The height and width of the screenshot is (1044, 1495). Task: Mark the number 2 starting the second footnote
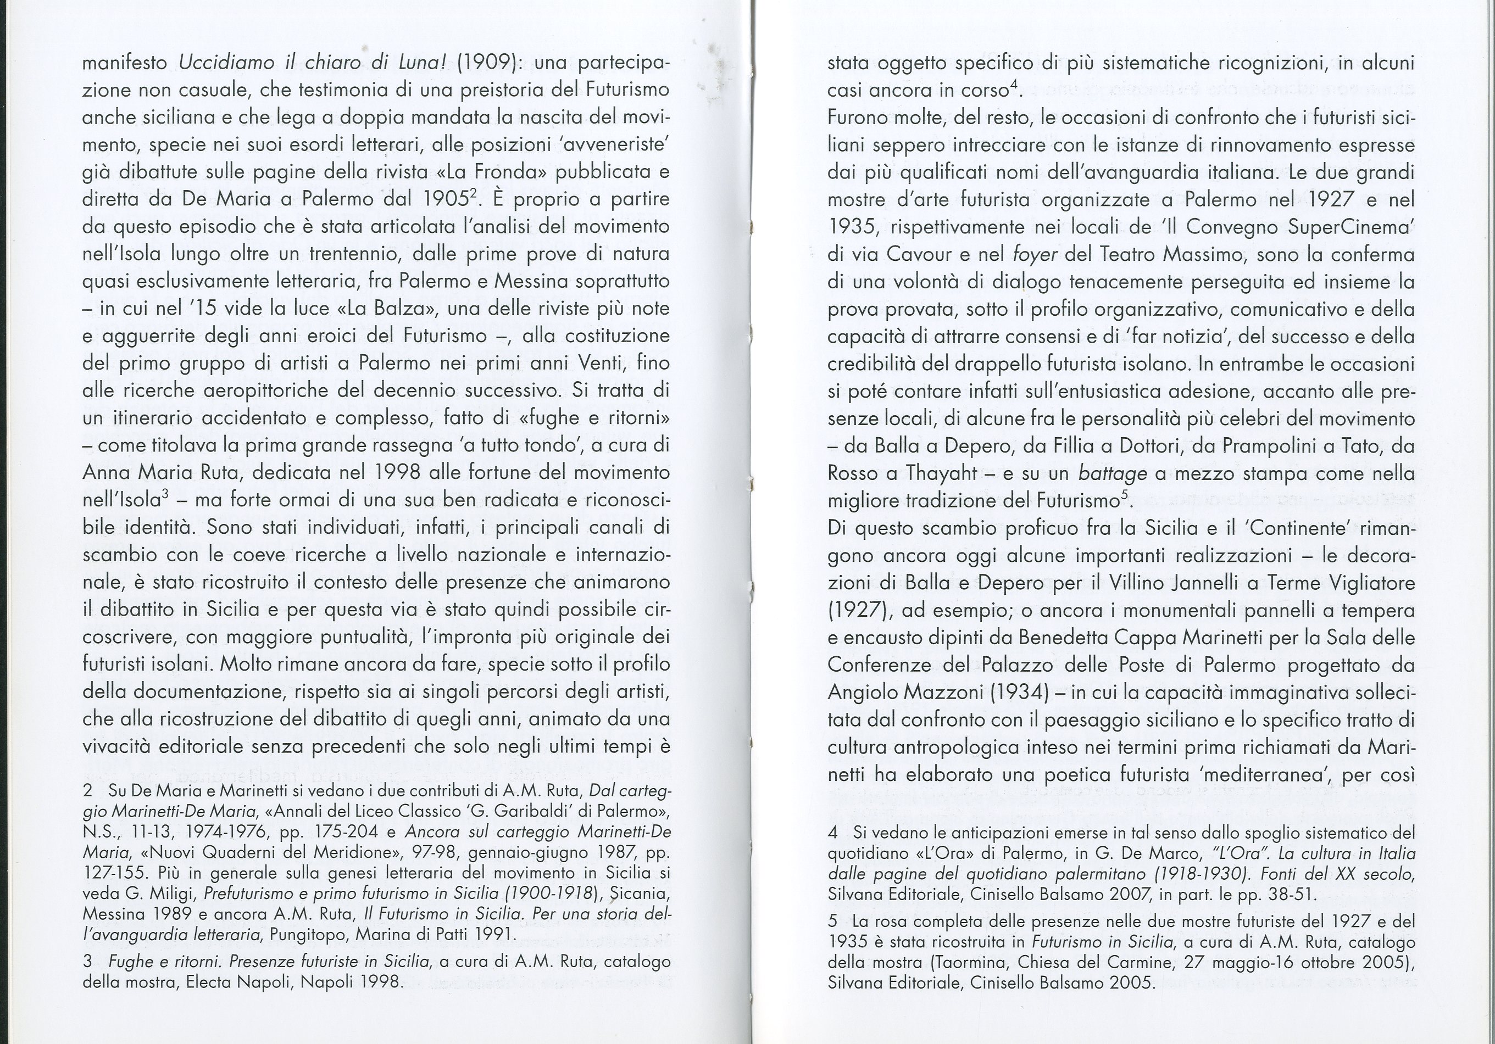88,792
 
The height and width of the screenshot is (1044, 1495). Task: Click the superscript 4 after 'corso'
1017,84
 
